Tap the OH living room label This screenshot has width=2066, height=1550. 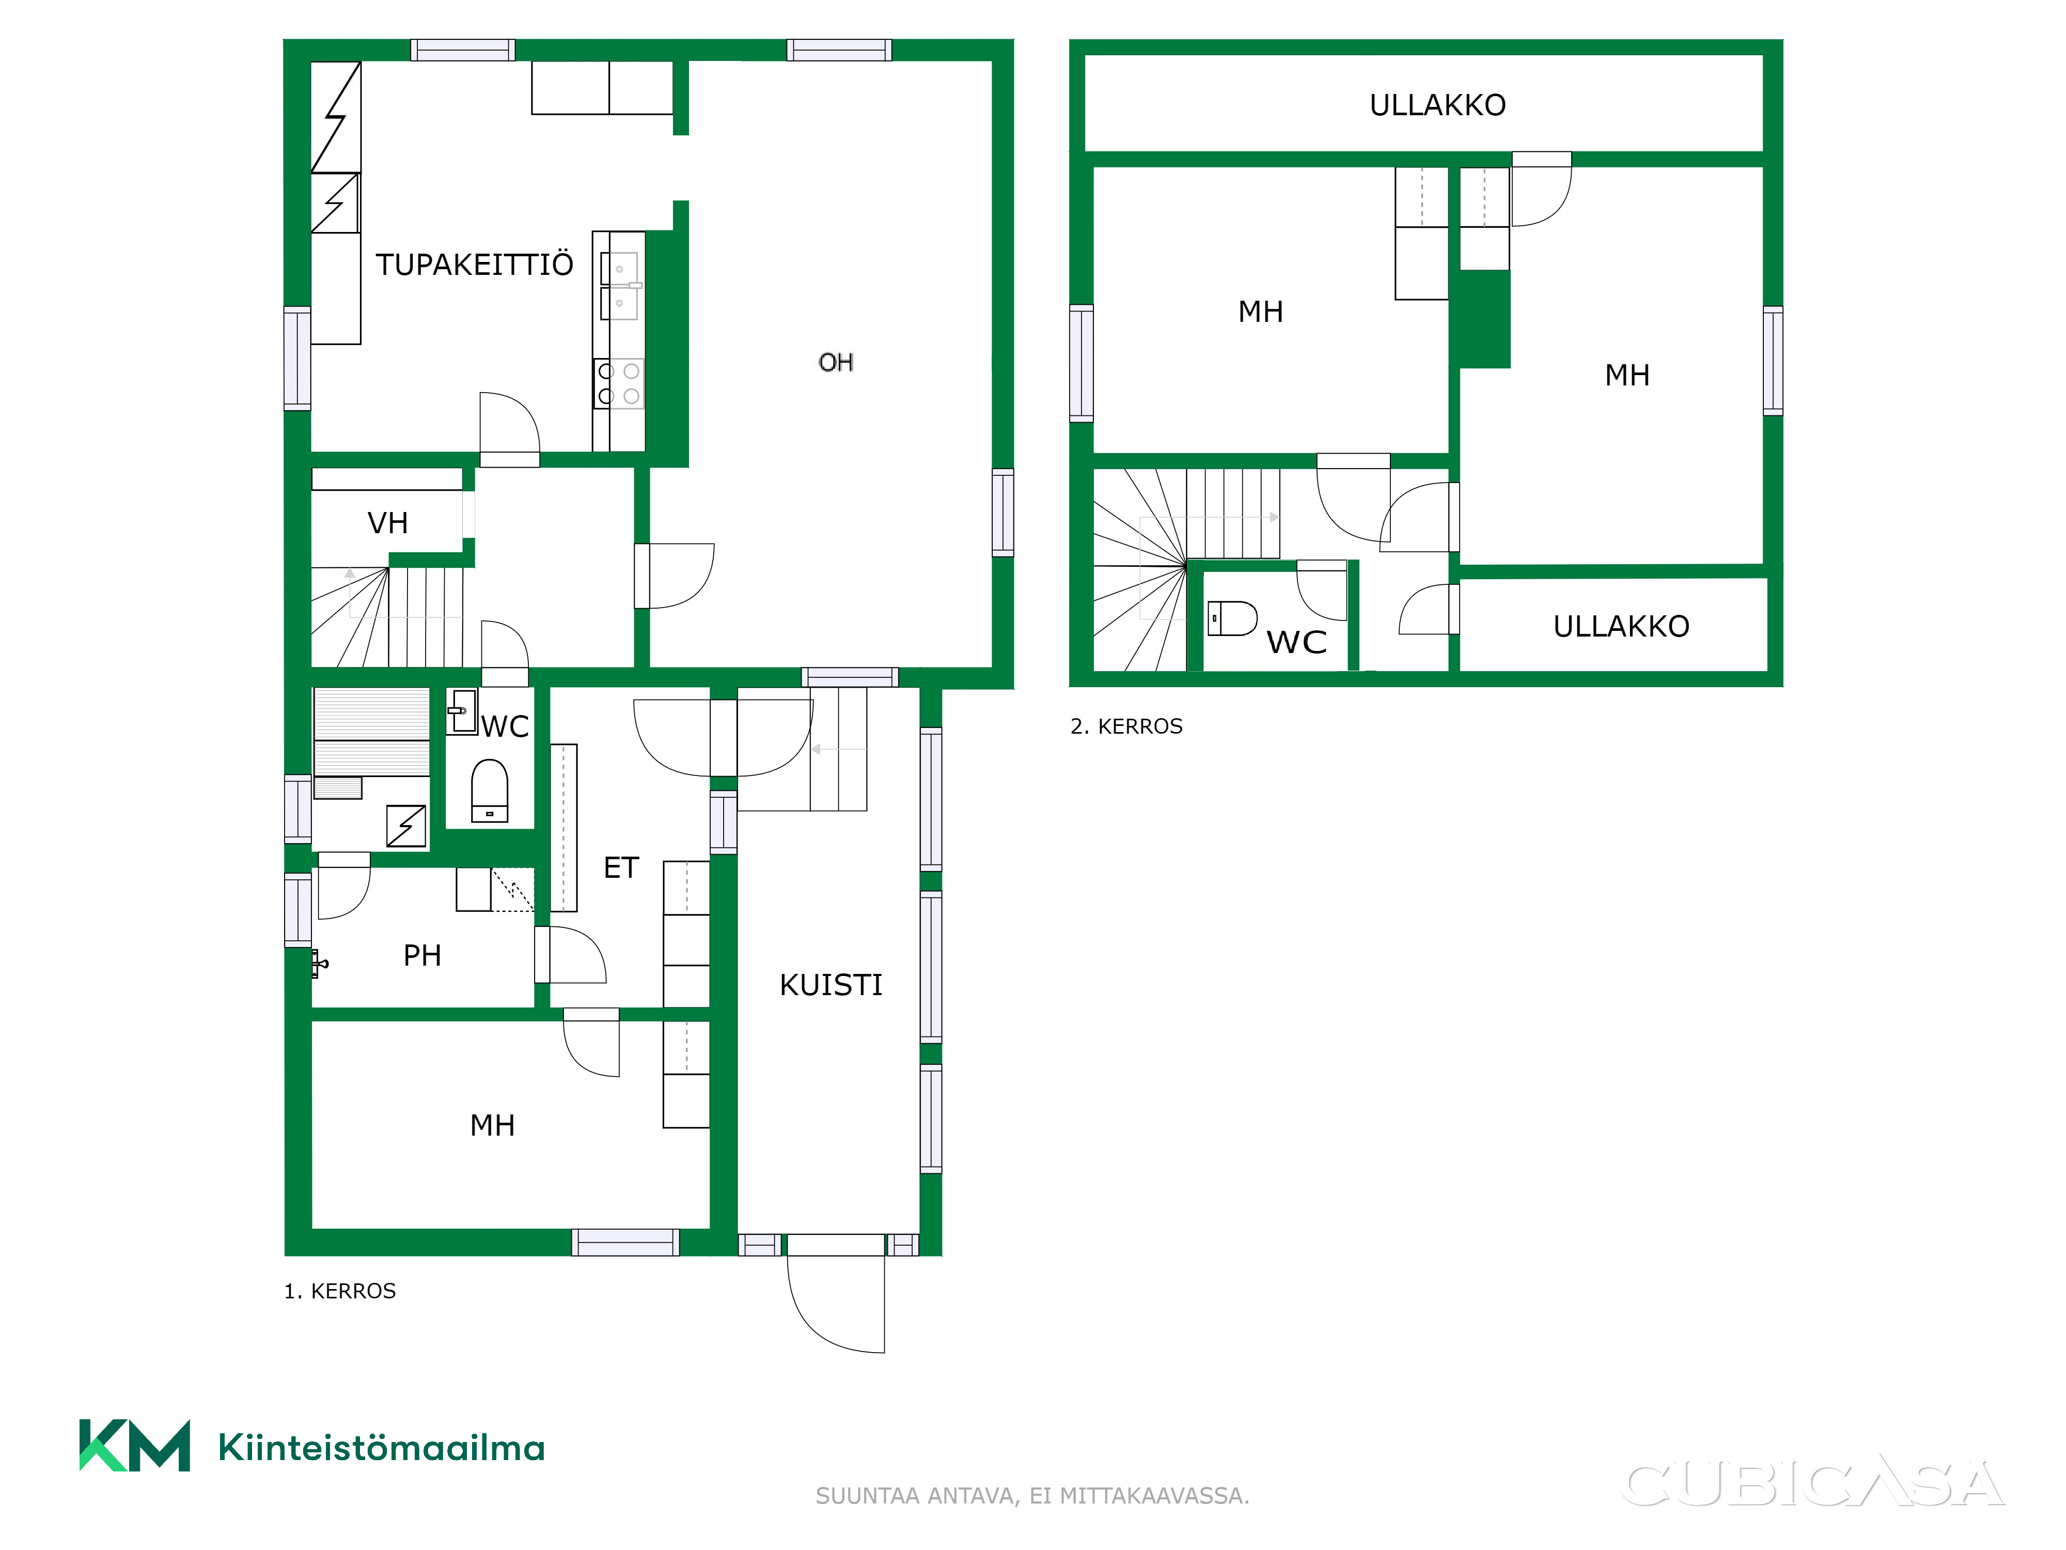pyautogui.click(x=836, y=363)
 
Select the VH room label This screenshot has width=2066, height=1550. pyautogui.click(x=387, y=523)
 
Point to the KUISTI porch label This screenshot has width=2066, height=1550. pyautogui.click(x=831, y=985)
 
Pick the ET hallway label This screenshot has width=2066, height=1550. pyautogui.click(x=621, y=868)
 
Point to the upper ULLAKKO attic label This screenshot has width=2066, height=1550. pyautogui.click(x=1437, y=105)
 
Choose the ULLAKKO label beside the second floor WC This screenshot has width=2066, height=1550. pyautogui.click(x=1621, y=626)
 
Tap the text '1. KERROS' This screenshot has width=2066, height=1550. pyautogui.click(x=340, y=1291)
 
